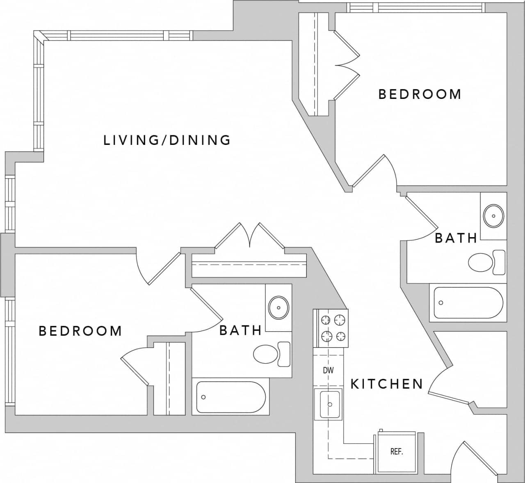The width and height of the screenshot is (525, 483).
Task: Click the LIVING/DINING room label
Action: (167, 140)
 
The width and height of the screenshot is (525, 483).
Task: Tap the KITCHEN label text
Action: (386, 384)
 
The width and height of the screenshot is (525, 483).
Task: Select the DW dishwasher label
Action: (328, 371)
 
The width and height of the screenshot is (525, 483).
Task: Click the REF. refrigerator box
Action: (396, 452)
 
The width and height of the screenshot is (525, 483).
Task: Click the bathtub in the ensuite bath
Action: (231, 397)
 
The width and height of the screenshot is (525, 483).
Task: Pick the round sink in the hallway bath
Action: (494, 215)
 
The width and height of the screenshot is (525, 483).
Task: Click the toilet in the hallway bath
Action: (486, 263)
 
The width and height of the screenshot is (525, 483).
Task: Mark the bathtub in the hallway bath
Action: (468, 303)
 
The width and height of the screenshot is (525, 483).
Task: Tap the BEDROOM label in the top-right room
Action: (420, 94)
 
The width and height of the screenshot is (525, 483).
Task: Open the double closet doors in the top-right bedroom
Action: (347, 66)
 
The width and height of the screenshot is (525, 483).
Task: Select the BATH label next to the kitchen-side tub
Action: (456, 238)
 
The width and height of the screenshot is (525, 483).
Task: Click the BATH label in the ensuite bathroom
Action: (240, 330)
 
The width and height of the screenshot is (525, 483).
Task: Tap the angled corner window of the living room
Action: (40, 37)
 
